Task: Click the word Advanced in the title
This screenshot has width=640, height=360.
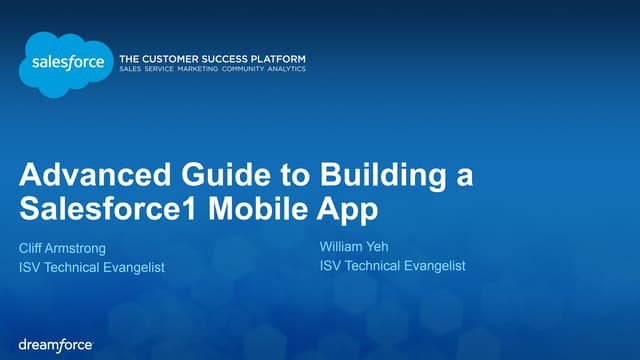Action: (x=83, y=176)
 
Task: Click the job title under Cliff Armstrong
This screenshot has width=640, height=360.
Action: (x=91, y=267)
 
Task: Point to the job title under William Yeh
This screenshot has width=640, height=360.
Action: (x=392, y=265)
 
